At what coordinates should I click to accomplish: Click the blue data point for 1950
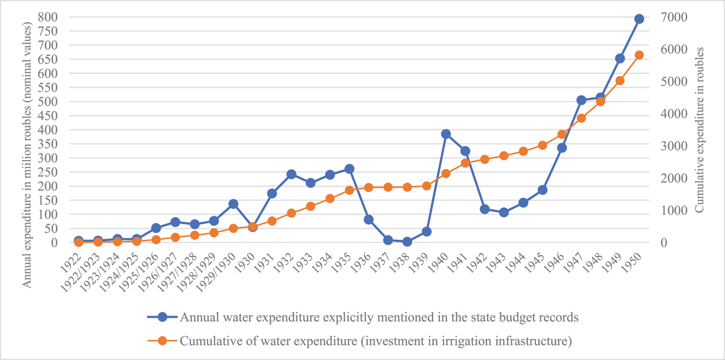(639, 19)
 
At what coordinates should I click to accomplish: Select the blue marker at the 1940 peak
(446, 134)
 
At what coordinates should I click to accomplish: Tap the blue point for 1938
(407, 242)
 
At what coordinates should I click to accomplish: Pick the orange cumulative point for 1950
(639, 55)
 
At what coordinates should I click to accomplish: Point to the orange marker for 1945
(543, 145)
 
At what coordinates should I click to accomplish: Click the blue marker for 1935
(349, 169)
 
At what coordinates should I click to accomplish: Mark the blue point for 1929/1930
(233, 204)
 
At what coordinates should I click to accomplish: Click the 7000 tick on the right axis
(669, 17)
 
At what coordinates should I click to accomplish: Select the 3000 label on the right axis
(669, 146)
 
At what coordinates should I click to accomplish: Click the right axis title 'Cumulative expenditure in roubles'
(700, 130)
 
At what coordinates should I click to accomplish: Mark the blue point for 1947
(581, 100)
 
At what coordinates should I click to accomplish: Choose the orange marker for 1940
(446, 173)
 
